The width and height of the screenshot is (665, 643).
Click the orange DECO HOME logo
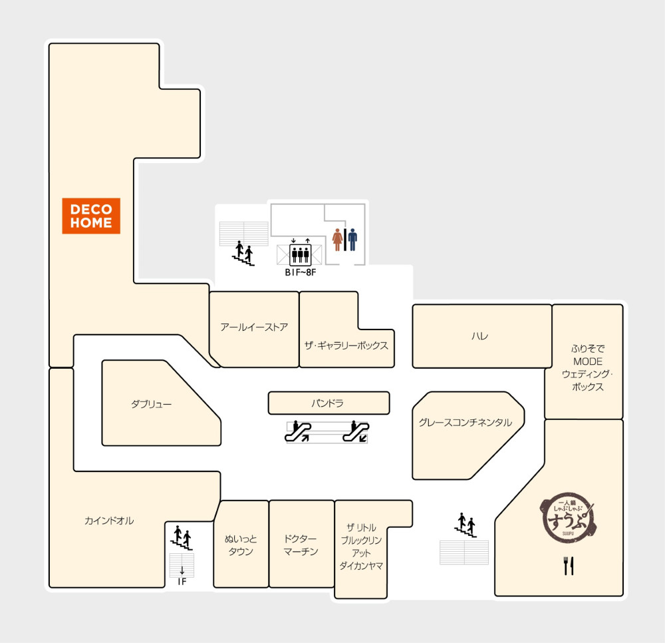91,216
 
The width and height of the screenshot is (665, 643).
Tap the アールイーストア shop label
254,327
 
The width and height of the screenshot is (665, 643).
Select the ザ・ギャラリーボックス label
346,345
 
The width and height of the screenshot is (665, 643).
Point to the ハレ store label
479,336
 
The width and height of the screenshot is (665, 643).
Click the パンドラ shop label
327,403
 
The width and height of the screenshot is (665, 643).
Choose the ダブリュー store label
151,404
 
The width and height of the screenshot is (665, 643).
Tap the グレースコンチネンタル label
465,422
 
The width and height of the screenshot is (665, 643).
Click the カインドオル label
109,521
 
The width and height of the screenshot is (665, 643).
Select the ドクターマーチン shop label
301,545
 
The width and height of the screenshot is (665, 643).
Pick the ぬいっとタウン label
241,545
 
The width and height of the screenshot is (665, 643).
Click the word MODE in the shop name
587,361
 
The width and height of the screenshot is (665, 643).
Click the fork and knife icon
569,566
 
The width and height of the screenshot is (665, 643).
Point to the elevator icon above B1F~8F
301,254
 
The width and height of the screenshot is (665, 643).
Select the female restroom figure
338,240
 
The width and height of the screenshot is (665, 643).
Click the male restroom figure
353,240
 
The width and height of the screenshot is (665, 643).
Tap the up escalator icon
298,431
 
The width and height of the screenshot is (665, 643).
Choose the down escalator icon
356,431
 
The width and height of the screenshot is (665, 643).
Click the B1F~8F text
301,272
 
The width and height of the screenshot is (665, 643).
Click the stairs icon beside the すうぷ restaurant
465,525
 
